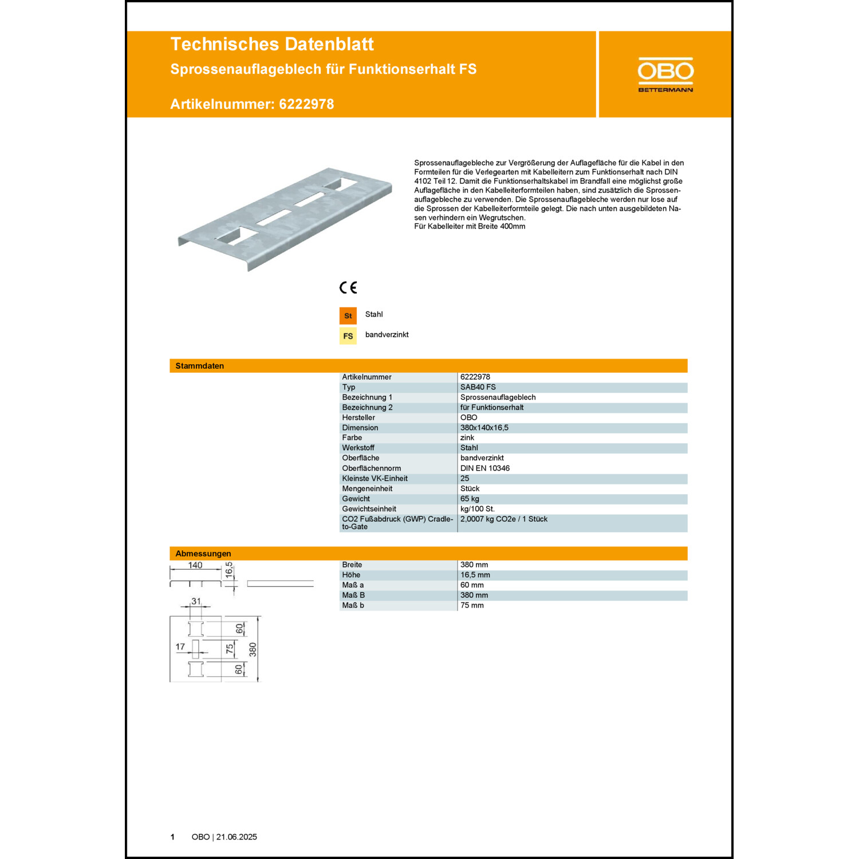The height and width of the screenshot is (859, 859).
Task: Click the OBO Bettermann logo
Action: [x=665, y=74]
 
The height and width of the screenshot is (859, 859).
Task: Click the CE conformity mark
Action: [x=348, y=287]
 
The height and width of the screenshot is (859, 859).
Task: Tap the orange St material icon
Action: [x=348, y=316]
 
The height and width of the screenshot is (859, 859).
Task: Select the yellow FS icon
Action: [x=348, y=336]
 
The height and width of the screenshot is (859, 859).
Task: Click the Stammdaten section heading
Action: [x=199, y=366]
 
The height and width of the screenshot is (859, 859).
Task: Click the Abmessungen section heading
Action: [x=203, y=554]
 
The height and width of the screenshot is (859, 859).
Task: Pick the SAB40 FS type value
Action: [x=478, y=387]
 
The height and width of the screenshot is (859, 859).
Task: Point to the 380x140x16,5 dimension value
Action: [x=484, y=428]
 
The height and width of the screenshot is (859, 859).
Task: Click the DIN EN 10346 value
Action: [x=485, y=468]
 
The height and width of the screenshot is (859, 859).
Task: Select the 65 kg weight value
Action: [x=470, y=499]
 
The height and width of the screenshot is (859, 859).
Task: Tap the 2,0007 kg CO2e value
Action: [x=504, y=519]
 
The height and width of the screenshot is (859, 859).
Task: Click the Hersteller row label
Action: [x=358, y=417]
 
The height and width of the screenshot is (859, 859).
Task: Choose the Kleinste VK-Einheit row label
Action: [x=375, y=479]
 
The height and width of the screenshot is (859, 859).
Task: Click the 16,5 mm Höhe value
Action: [x=475, y=575]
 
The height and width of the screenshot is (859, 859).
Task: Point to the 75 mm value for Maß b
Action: [x=472, y=605]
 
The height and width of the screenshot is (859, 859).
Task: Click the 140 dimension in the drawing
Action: [x=195, y=565]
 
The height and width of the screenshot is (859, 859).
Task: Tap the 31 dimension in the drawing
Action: [x=196, y=601]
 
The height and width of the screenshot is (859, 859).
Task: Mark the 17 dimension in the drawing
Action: [x=180, y=647]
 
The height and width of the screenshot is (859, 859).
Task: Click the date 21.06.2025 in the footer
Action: [x=237, y=837]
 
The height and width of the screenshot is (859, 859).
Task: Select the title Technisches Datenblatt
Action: [x=272, y=44]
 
